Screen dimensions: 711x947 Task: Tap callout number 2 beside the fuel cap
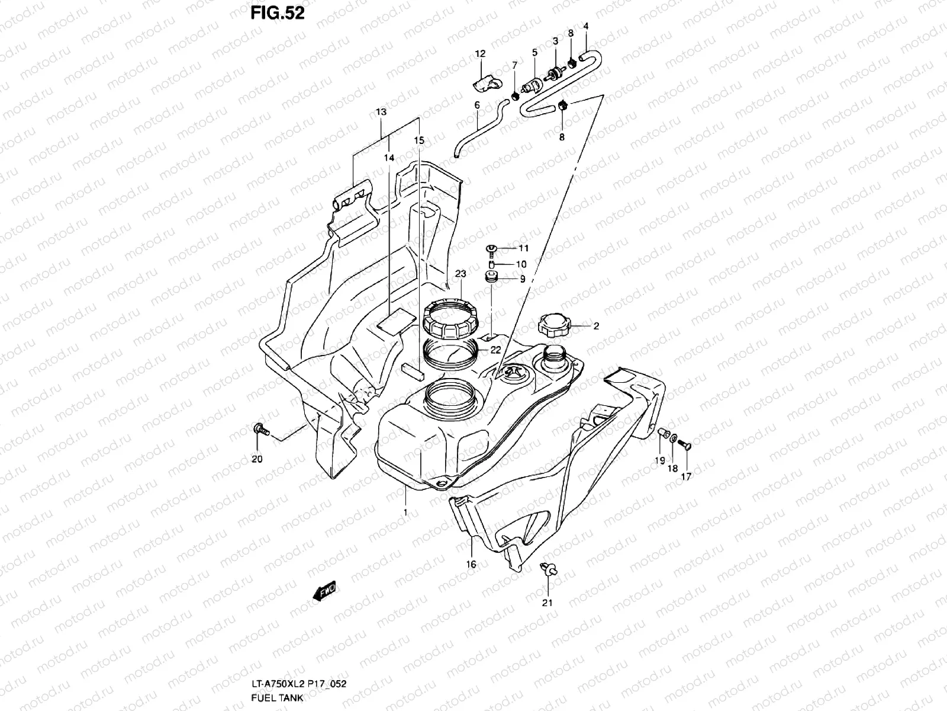597,325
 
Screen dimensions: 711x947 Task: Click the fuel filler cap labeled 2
554,324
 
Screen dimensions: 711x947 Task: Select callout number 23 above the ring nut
460,274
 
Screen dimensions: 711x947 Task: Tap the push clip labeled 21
547,570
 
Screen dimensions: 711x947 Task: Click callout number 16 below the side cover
471,565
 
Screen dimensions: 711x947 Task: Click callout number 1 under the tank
405,511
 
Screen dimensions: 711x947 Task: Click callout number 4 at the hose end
586,26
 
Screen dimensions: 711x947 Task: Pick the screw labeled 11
491,248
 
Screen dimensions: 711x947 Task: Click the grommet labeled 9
491,277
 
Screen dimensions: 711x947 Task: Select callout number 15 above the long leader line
419,140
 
